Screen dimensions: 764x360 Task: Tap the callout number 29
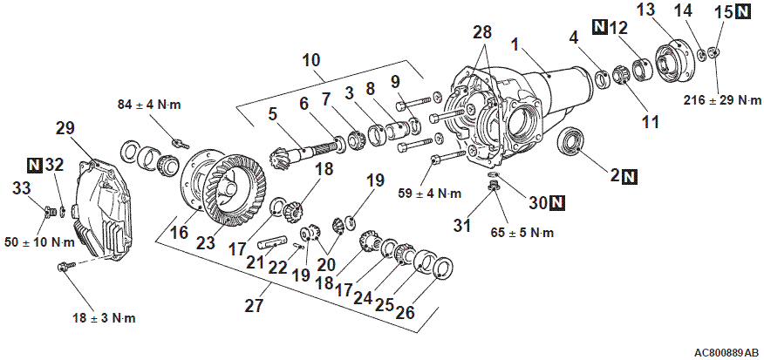65,129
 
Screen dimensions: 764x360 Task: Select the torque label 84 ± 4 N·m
149,105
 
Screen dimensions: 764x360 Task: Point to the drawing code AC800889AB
726,352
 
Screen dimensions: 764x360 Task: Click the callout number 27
254,305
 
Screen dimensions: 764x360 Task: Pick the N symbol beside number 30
556,202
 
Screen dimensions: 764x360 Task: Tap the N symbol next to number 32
34,166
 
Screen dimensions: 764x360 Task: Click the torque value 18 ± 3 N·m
104,318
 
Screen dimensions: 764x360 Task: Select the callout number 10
311,61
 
